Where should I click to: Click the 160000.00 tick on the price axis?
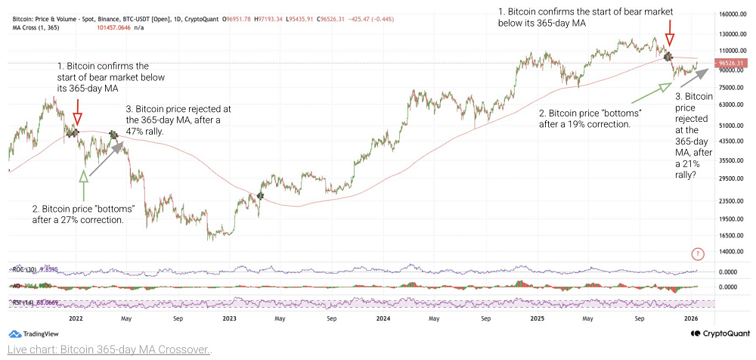coord(732,14)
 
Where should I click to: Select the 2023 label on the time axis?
coord(228,319)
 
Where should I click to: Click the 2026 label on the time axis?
coord(691,319)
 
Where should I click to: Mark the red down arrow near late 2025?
coord(668,39)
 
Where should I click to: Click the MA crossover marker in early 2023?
coord(260,196)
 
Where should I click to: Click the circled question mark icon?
coord(698,253)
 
